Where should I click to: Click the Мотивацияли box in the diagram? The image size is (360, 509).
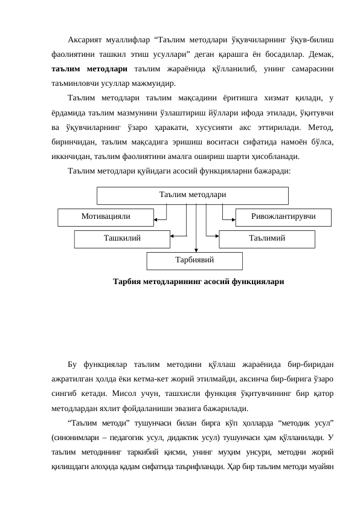106,215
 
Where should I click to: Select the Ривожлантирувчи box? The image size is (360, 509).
283,215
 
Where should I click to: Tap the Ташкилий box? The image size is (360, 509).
122,238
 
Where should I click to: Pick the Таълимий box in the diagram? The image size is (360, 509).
267,238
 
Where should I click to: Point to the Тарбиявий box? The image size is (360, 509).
194,260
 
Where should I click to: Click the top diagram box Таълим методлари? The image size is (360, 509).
193,195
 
